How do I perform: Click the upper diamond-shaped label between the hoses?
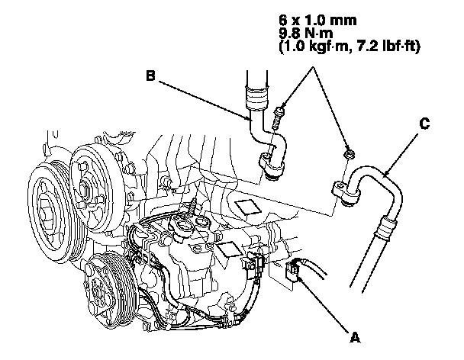pyautogui.click(x=248, y=206)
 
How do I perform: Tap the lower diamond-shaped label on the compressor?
pyautogui.click(x=227, y=249)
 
